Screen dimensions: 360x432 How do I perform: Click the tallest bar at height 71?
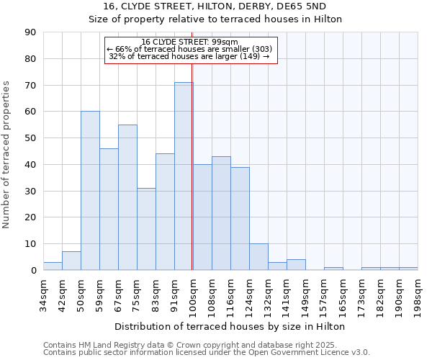(x=184, y=176)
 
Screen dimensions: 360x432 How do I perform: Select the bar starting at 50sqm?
(x=90, y=191)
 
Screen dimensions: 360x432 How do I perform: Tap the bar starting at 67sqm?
(x=127, y=197)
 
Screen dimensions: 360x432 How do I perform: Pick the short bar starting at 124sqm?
(x=258, y=257)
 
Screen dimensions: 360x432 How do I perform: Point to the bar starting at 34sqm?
(x=53, y=266)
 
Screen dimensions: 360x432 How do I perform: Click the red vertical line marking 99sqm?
(x=192, y=166)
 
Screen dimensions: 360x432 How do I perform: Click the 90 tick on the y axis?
(x=30, y=32)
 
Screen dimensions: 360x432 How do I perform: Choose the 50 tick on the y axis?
(x=30, y=138)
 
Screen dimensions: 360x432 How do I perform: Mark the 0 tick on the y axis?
(x=33, y=271)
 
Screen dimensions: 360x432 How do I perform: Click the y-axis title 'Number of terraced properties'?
(x=7, y=155)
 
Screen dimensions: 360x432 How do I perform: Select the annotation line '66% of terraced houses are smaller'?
(x=189, y=49)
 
